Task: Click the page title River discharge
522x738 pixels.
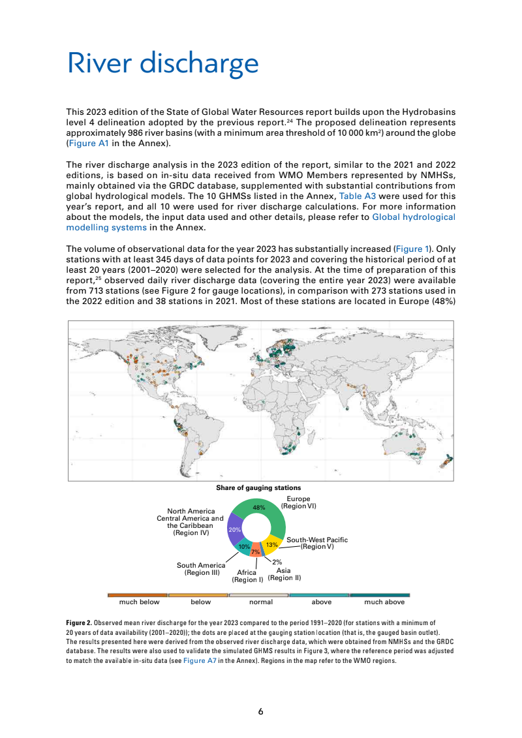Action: click(162, 64)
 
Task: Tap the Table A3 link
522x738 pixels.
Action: click(357, 196)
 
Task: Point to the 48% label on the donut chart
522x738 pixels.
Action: click(259, 507)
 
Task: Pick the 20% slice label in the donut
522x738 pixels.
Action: click(235, 530)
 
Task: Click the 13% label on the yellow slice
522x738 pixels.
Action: click(272, 544)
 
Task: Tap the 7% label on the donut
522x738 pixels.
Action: click(256, 552)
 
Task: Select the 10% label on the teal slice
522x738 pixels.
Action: click(243, 546)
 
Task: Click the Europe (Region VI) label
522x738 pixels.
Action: click(298, 502)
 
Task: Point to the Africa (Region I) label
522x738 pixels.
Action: click(247, 576)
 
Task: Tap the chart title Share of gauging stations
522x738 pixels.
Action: click(258, 487)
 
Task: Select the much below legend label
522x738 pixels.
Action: click(140, 602)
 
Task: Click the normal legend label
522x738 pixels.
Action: click(261, 602)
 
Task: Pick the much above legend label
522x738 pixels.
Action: click(384, 602)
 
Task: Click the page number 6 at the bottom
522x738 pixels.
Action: click(261, 711)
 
